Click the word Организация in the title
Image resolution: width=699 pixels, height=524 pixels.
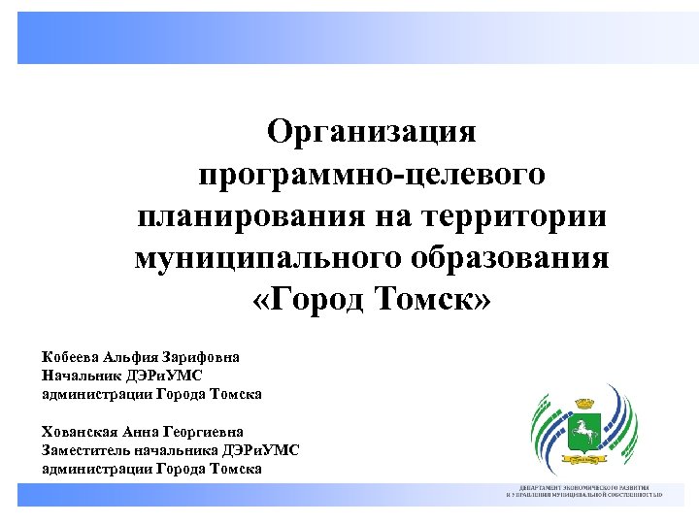coord(372,131)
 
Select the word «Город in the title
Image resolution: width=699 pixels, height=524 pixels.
coord(309,302)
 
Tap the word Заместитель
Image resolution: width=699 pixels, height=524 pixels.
coord(91,450)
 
